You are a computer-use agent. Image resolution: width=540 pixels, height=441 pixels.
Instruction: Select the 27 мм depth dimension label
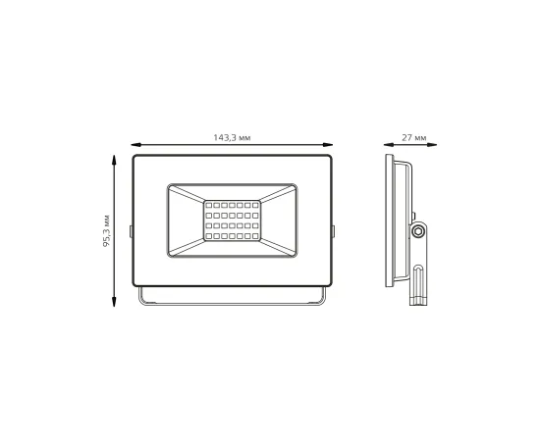414,139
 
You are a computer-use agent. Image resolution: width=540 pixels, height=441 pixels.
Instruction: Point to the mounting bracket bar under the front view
232,301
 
